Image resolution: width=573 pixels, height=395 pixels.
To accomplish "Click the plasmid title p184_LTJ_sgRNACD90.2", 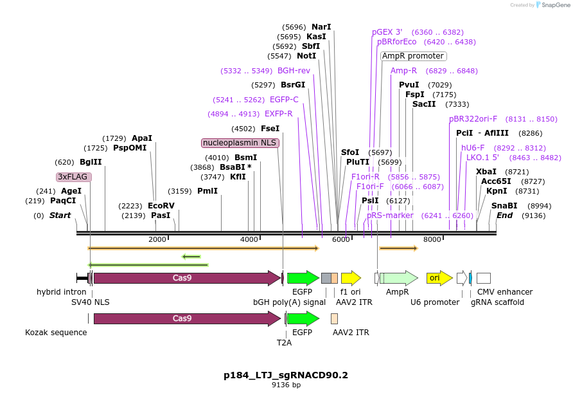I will pyautogui.click(x=286, y=374).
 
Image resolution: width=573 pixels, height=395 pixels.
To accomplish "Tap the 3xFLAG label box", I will pyautogui.click(x=73, y=176).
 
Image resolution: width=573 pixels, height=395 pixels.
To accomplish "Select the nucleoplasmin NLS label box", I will pyautogui.click(x=240, y=143).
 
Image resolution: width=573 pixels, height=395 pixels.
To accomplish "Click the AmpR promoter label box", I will pyautogui.click(x=414, y=56).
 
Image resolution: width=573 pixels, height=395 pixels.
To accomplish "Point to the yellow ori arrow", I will pyautogui.click(x=439, y=278).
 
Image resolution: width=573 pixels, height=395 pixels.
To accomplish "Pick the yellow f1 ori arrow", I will pyautogui.click(x=351, y=278).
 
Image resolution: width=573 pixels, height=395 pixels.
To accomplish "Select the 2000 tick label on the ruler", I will pyautogui.click(x=157, y=239).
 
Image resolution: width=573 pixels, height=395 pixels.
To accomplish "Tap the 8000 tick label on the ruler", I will pyautogui.click(x=432, y=239).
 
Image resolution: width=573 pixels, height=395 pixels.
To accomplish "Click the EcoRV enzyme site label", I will pyautogui.click(x=161, y=205).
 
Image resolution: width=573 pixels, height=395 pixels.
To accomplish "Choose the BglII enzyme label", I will pyautogui.click(x=91, y=162).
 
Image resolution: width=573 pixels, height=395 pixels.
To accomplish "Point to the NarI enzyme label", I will pyautogui.click(x=321, y=27).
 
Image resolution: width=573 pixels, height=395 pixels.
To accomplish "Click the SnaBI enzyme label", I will pyautogui.click(x=504, y=205).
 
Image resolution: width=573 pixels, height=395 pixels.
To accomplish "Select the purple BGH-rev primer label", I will pyautogui.click(x=294, y=71).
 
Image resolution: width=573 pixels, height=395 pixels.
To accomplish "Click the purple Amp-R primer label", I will pyautogui.click(x=403, y=71).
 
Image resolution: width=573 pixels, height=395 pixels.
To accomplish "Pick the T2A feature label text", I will pyautogui.click(x=284, y=343).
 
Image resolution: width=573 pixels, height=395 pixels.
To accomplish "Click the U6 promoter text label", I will pyautogui.click(x=435, y=302).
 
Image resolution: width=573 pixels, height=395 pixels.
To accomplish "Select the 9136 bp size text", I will pyautogui.click(x=286, y=385).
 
